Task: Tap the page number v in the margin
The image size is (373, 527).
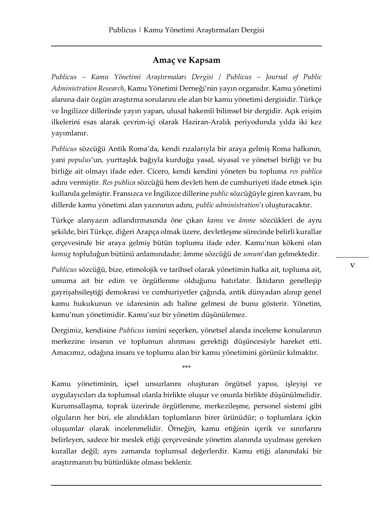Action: [353, 265]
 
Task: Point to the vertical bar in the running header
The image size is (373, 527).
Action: [140, 30]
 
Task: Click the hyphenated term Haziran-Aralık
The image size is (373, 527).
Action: [211, 122]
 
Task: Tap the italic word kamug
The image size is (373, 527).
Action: [61, 254]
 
